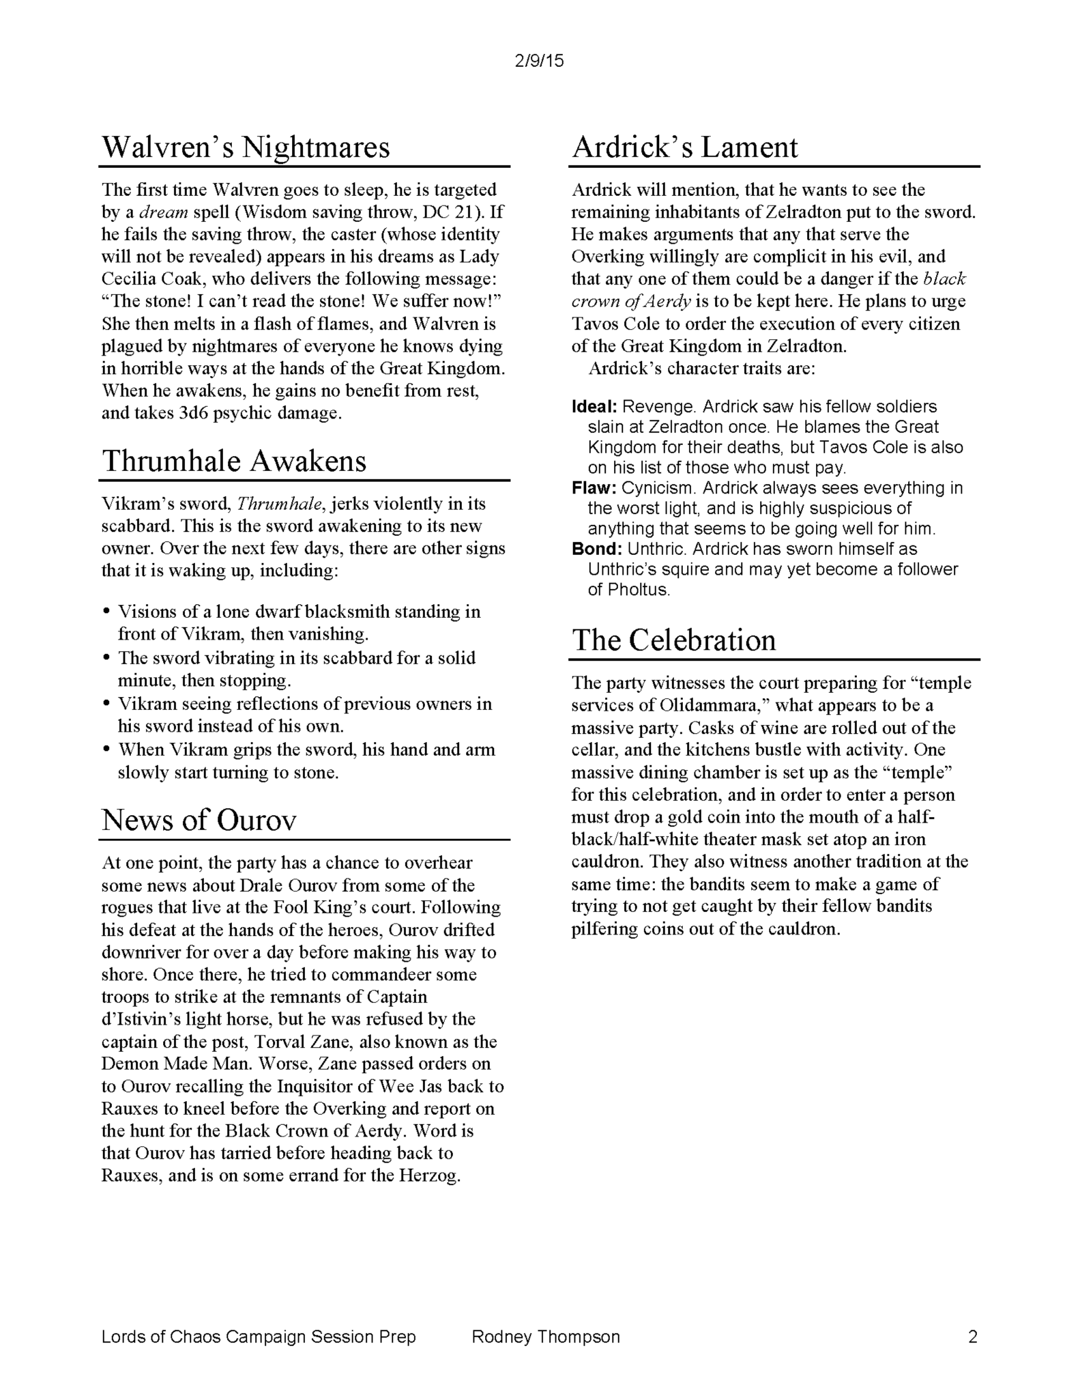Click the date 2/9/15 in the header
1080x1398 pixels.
click(x=539, y=61)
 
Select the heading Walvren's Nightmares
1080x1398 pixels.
click(x=246, y=147)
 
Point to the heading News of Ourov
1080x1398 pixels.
click(x=199, y=819)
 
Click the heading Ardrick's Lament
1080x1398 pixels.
click(x=684, y=147)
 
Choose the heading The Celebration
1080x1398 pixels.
click(x=673, y=640)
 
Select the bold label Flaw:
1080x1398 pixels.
click(x=594, y=488)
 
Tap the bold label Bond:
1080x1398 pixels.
click(x=596, y=549)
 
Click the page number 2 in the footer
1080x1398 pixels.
click(x=972, y=1337)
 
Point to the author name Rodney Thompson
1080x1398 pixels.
click(x=546, y=1337)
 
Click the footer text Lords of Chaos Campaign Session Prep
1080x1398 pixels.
click(x=259, y=1337)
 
